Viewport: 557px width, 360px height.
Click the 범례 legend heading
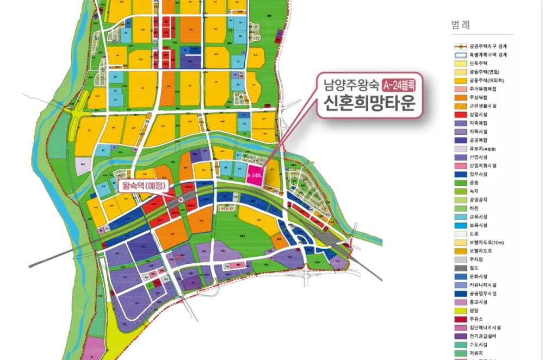(461, 25)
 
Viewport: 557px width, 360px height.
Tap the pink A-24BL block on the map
(254, 176)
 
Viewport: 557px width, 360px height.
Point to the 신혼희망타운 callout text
(369, 102)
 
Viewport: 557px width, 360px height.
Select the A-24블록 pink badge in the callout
(401, 85)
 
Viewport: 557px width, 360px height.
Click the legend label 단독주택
(478, 64)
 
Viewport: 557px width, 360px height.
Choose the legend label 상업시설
(478, 115)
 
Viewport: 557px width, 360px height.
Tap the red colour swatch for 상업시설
(460, 115)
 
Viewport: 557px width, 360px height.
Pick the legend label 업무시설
(478, 175)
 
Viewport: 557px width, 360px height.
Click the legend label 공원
(474, 183)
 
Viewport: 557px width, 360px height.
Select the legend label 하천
(474, 208)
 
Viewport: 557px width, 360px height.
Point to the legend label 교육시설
(478, 217)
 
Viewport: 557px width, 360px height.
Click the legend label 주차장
(476, 259)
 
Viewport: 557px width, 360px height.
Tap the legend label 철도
(474, 268)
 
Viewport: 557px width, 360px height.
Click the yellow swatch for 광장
(460, 311)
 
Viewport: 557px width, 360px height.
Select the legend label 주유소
(476, 319)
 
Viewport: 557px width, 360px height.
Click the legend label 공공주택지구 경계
(487, 47)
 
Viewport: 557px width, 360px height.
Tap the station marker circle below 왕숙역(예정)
(180, 200)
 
